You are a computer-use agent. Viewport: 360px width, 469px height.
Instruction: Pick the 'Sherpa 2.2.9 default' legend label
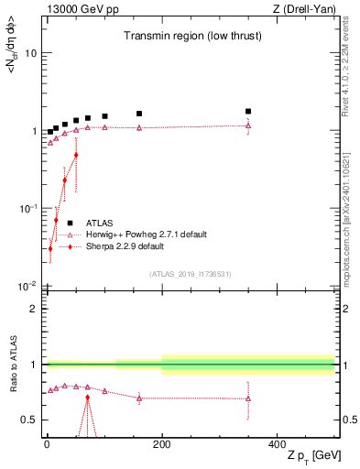tap(125, 246)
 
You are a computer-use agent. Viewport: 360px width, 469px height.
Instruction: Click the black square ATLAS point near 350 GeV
tap(248, 112)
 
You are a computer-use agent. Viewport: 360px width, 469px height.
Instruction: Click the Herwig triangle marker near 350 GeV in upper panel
tap(248, 125)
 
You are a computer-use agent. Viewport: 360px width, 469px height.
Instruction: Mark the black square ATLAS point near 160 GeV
tap(139, 114)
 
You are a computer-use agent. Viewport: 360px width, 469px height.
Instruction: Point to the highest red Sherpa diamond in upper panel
tap(76, 155)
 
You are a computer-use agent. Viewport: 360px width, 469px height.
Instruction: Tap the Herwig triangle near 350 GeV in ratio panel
tap(248, 398)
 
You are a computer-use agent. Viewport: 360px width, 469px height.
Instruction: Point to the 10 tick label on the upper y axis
tap(30, 53)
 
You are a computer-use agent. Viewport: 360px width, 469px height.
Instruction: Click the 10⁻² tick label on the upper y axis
tap(27, 287)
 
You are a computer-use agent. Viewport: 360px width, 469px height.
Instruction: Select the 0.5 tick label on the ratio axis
tap(28, 420)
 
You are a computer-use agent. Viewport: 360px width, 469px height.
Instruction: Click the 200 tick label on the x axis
tap(162, 444)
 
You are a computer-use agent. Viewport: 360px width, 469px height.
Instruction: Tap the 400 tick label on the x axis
tap(277, 444)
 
